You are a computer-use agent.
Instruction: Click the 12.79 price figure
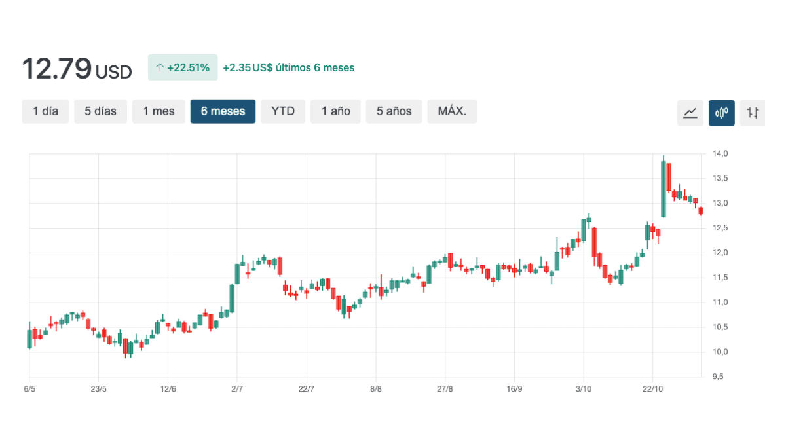[56, 68]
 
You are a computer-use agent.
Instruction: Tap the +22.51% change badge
[183, 67]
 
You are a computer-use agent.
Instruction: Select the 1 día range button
[45, 111]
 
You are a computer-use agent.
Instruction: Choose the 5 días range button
[100, 111]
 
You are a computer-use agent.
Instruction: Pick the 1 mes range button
[159, 111]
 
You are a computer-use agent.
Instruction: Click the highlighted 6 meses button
[223, 111]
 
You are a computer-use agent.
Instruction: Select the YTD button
[283, 111]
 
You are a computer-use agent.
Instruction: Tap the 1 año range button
[335, 111]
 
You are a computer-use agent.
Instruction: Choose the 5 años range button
[394, 111]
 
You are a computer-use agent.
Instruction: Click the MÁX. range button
[452, 111]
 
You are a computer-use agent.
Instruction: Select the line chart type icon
[690, 113]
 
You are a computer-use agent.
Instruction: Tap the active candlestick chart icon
[721, 113]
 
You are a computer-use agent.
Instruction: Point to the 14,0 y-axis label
[720, 154]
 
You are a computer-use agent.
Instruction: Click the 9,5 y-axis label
[719, 377]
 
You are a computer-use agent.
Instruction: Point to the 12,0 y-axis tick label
[720, 253]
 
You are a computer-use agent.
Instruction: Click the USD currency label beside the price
[114, 71]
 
